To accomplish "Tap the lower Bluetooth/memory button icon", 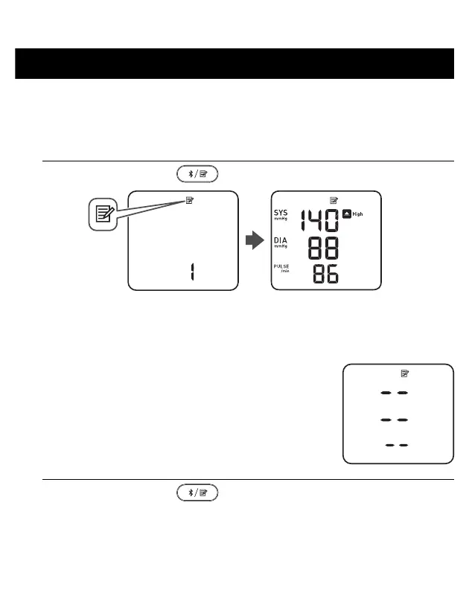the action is (x=197, y=492).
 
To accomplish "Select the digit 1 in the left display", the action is (x=191, y=272).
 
